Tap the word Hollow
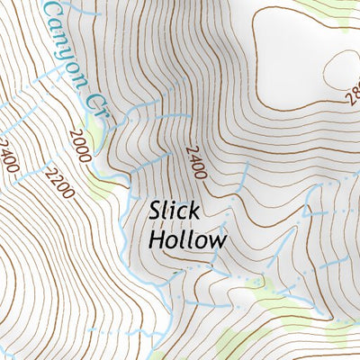click(x=186, y=240)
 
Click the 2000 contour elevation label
click(x=79, y=144)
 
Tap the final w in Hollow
click(x=215, y=242)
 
